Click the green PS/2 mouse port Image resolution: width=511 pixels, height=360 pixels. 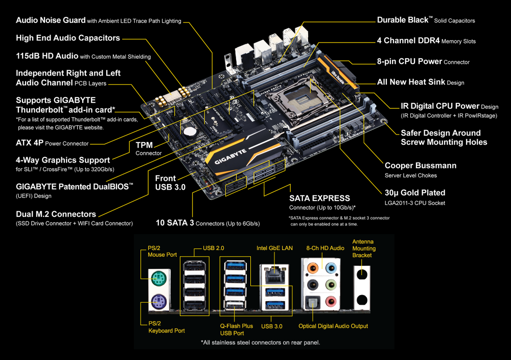157,279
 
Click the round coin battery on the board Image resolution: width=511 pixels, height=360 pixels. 190,130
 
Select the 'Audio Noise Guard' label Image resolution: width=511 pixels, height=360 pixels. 51,20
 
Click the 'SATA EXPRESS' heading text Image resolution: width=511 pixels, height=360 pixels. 319,198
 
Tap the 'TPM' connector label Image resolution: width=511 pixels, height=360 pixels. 145,145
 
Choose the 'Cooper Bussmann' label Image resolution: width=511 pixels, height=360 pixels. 420,166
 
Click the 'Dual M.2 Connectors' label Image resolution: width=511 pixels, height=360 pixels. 56,214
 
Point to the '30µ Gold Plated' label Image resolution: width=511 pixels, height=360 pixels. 414,193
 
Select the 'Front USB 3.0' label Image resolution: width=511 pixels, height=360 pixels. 170,183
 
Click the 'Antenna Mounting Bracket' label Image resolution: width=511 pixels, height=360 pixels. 364,248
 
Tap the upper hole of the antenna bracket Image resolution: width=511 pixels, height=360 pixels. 361,274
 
